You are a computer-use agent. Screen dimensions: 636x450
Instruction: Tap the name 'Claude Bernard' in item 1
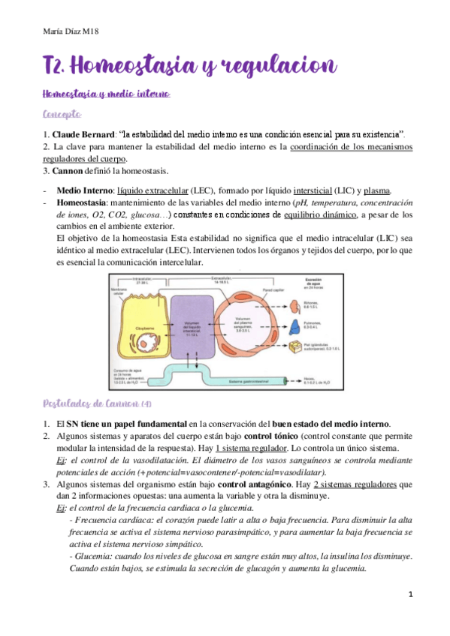(84, 133)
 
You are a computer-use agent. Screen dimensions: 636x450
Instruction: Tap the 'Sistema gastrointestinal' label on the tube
(245, 382)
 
